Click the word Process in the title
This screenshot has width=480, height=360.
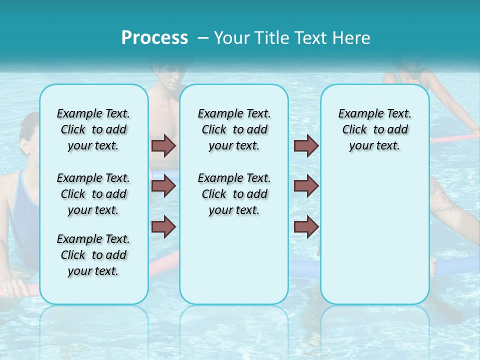click(x=154, y=37)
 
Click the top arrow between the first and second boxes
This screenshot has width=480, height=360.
click(x=163, y=145)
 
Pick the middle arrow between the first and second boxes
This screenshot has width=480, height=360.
click(x=163, y=186)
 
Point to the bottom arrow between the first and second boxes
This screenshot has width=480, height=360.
click(x=163, y=226)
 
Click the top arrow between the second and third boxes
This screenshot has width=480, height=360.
click(x=306, y=145)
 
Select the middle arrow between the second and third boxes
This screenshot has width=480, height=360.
click(x=306, y=186)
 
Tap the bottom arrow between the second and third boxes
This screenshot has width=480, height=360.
click(x=306, y=226)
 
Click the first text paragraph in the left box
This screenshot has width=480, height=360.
click(x=93, y=129)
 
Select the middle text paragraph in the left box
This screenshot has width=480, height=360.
click(x=93, y=194)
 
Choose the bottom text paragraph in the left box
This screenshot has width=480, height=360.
click(x=93, y=255)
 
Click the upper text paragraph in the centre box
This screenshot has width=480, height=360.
click(x=234, y=129)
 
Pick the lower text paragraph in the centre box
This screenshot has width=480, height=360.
click(x=234, y=194)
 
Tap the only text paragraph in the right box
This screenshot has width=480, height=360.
click(x=374, y=129)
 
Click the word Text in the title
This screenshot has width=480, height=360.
click(x=313, y=37)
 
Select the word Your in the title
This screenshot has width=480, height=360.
click(x=232, y=37)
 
